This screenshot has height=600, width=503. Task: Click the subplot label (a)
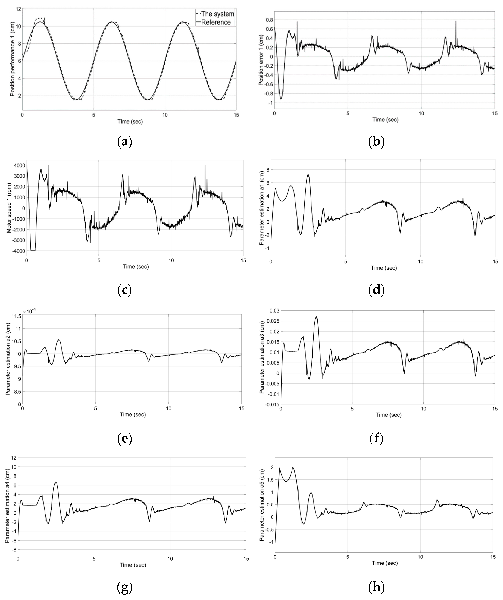click(x=125, y=142)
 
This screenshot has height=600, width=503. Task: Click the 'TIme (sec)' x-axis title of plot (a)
click(x=130, y=122)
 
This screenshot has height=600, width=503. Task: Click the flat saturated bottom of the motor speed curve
click(x=33, y=251)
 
